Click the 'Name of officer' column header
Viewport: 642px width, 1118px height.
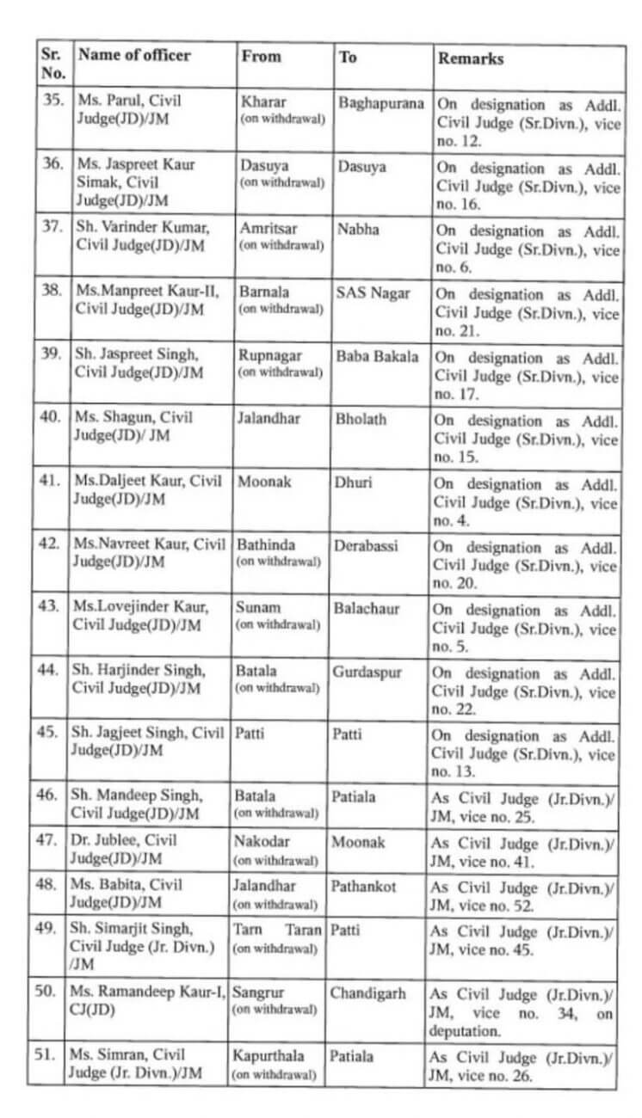click(x=133, y=55)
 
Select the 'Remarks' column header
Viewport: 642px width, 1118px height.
click(x=471, y=58)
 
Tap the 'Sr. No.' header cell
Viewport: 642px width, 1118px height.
click(x=52, y=63)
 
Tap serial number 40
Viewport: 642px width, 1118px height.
click(x=51, y=418)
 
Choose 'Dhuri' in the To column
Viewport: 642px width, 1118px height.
click(x=353, y=482)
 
